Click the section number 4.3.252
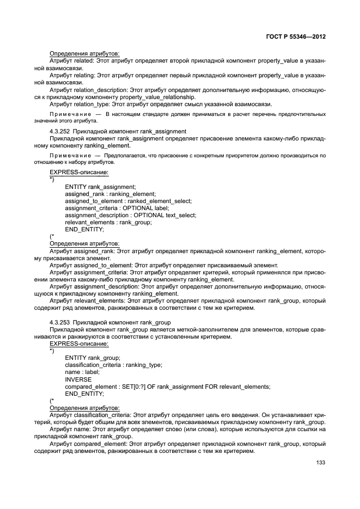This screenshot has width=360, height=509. pyautogui.click(x=59, y=131)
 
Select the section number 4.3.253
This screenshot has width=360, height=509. pyautogui.click(x=59, y=322)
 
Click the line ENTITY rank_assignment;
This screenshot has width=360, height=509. pyautogui.click(x=100, y=187)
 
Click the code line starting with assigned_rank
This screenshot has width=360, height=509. pyautogui.click(x=110, y=194)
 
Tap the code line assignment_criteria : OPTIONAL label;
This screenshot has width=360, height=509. pyautogui.click(x=117, y=208)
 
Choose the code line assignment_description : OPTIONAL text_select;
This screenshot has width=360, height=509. pyautogui.click(x=130, y=215)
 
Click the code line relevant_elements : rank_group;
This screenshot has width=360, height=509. pyautogui.click(x=108, y=222)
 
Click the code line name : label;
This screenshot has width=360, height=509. pyautogui.click(x=82, y=372)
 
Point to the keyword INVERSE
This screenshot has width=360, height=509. pyautogui.click(x=78, y=379)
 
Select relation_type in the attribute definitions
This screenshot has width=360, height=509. pyautogui.click(x=92, y=103)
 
